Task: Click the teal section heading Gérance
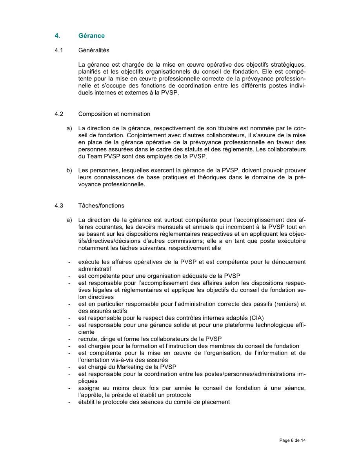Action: point(91,36)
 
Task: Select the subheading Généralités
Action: point(94,50)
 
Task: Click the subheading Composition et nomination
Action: point(114,114)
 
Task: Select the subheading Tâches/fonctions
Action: point(101,205)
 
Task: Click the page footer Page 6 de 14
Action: point(293,440)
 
